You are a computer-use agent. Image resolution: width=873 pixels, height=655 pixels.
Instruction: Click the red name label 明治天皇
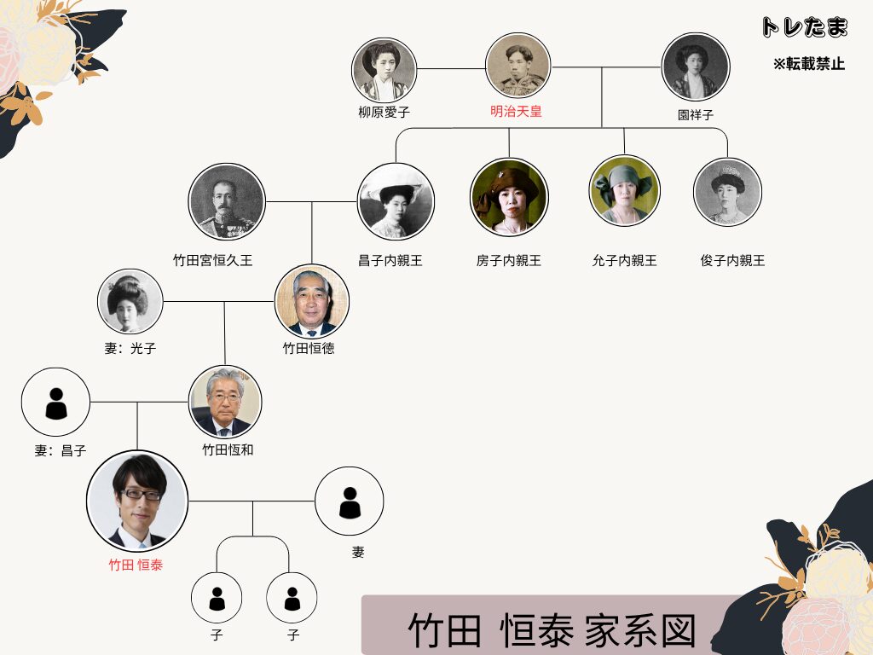pos(516,112)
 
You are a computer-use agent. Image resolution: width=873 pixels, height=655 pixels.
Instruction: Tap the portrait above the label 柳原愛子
pos(384,70)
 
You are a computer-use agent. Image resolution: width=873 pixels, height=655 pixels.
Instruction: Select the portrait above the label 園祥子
pos(696,67)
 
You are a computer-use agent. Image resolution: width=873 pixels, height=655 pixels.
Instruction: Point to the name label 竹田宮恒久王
pos(212,260)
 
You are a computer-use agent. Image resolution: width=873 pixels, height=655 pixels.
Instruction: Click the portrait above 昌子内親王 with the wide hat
pos(396,201)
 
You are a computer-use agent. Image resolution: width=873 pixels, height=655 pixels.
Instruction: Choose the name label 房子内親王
pos(508,261)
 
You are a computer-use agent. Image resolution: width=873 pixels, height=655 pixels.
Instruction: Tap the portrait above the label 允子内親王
pos(624,190)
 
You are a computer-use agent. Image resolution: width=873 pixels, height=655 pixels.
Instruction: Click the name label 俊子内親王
pos(732,261)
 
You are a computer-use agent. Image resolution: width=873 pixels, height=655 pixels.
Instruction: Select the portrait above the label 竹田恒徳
pos(312,301)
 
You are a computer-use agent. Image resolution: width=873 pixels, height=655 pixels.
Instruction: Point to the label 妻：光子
pos(130,349)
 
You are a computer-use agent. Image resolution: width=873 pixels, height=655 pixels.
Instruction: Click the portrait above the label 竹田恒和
pos(225,402)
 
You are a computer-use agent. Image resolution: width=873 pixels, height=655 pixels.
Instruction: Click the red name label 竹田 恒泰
pos(136,565)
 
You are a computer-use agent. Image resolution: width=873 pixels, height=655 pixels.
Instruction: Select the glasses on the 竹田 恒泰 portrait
pos(140,494)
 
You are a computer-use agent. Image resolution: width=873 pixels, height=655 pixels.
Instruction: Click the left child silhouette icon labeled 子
pos(217,598)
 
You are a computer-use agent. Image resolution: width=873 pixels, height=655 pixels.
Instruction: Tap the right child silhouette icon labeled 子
pos(292,598)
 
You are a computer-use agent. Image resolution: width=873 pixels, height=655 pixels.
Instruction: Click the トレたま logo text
pos(805,26)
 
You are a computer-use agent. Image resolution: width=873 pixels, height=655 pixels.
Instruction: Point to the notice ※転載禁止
pos(809,64)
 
